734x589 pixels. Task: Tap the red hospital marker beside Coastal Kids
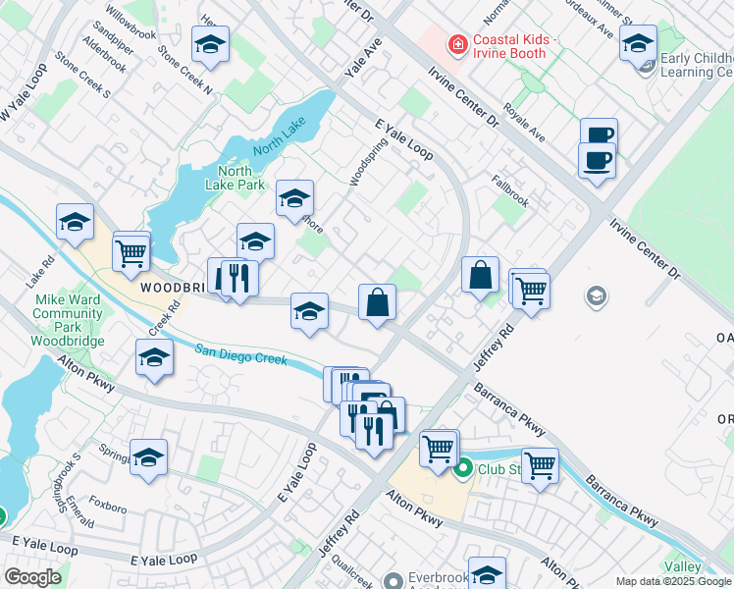(456, 44)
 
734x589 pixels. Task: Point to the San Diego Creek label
(241, 354)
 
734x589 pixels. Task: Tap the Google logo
(31, 577)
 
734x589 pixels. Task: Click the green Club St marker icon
(463, 469)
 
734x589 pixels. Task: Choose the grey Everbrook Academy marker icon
(394, 580)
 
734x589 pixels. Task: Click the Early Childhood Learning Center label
(696, 65)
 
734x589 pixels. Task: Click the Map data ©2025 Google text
(673, 581)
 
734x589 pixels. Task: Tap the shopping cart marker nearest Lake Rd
(131, 252)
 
